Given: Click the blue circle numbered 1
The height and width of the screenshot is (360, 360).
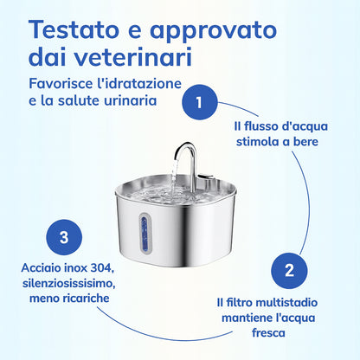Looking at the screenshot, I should [200, 102].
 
